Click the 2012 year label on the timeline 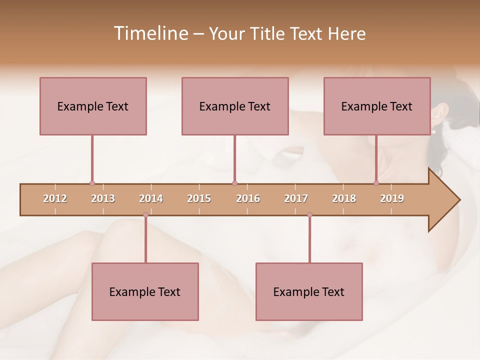pos(55,198)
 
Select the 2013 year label pos(103,198)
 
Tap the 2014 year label pos(151,198)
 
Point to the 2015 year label pos(199,198)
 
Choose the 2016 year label pos(248,198)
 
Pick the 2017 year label pos(296,198)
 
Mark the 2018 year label pos(344,198)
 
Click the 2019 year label pos(392,198)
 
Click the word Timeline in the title pos(149,33)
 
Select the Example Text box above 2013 pos(93,106)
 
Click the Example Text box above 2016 pos(235,106)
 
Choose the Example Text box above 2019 pos(377,106)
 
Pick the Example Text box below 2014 pos(145,291)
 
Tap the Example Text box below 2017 pos(309,291)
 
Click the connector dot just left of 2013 pos(92,183)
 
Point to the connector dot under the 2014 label pos(145,215)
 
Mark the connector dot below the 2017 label pos(309,215)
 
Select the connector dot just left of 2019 pos(376,183)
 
